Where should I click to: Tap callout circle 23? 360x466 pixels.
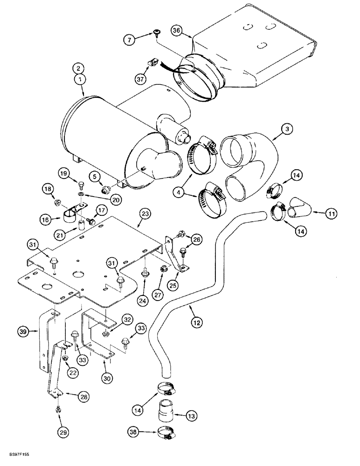145,215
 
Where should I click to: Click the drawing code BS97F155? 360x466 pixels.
17,453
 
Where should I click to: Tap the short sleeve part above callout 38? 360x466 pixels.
166,411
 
